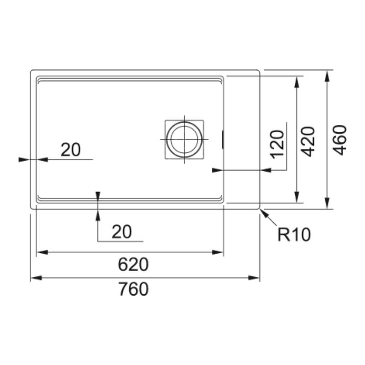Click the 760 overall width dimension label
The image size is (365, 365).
[x=133, y=289]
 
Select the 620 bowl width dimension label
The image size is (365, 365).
[x=133, y=264]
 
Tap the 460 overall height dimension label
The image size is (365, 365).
[x=340, y=140]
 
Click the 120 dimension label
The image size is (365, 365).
[x=278, y=144]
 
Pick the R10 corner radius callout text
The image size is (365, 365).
[x=294, y=235]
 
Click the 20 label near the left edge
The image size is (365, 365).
[x=71, y=150]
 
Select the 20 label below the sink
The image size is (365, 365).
[x=122, y=232]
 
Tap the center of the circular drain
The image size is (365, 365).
[x=184, y=140]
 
